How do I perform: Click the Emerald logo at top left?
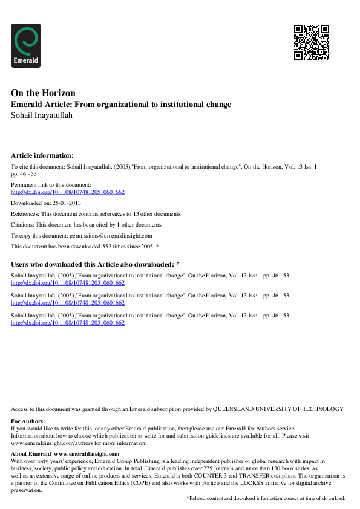(26, 45)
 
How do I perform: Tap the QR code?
(311, 42)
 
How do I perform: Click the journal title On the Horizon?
(43, 93)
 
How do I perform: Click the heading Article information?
(42, 155)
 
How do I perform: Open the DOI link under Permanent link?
(68, 192)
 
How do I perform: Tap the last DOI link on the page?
(68, 323)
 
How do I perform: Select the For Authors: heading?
(28, 421)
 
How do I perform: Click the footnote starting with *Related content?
(265, 498)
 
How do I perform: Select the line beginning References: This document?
(96, 214)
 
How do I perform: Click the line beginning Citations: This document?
(86, 225)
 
